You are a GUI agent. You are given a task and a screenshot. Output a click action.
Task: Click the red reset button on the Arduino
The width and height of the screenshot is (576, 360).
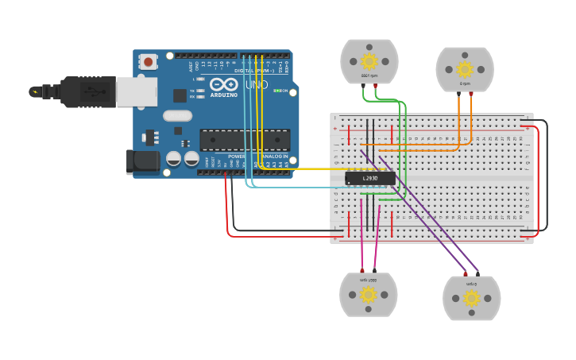tap(148, 62)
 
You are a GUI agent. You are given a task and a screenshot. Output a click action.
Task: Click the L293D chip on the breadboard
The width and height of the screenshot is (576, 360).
tap(369, 178)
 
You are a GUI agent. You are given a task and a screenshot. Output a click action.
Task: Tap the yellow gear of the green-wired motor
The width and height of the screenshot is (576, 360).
tap(369, 61)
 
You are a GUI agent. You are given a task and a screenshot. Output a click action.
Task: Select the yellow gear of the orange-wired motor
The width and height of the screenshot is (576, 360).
tap(465, 70)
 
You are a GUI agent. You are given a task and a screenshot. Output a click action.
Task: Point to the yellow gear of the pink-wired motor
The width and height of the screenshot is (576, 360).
tap(368, 296)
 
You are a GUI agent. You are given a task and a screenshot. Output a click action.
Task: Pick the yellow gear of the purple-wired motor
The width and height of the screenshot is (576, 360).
tap(472, 298)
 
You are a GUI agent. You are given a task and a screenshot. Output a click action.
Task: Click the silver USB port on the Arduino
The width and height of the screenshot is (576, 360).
tap(136, 91)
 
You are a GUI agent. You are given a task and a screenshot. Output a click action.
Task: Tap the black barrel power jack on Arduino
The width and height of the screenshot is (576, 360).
tap(143, 161)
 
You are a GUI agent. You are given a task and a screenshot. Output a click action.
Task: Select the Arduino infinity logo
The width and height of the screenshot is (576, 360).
tap(223, 84)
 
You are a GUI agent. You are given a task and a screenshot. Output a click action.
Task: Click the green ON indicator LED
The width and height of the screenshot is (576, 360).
tap(276, 91)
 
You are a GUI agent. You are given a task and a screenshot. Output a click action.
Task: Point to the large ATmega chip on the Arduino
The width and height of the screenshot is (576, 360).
tap(244, 140)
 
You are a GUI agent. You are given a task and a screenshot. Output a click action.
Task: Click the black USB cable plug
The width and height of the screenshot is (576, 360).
tap(87, 91)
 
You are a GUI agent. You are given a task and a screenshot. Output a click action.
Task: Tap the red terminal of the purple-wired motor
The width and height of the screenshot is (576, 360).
tap(466, 273)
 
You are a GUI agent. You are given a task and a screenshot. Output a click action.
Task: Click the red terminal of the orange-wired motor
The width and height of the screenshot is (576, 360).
tap(471, 94)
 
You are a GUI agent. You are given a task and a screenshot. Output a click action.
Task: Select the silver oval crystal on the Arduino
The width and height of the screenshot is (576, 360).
tap(177, 116)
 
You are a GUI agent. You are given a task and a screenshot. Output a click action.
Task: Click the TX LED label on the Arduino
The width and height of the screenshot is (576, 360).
tap(192, 91)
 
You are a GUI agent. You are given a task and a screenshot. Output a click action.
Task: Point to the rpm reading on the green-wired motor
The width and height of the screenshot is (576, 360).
tap(369, 75)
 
